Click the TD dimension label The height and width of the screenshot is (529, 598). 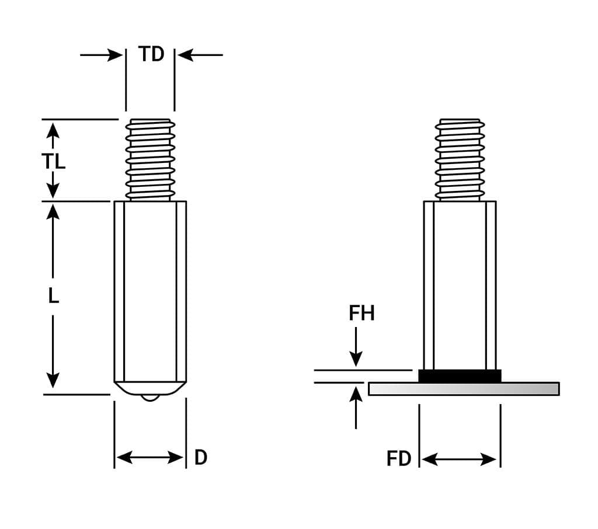151,54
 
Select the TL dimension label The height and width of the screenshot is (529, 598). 53,161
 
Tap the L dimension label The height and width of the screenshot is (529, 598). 53,297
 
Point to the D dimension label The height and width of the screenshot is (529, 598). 200,458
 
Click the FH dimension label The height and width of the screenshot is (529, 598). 361,314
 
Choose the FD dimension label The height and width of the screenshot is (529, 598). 399,459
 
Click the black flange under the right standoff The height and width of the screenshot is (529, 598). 460,376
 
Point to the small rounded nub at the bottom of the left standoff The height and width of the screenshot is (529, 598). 150,398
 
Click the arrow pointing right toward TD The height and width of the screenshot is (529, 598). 102,55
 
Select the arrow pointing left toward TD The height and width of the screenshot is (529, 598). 200,55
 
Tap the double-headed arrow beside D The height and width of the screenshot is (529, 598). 150,457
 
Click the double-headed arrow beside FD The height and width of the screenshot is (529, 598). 459,460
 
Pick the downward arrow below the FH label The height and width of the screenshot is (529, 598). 356,347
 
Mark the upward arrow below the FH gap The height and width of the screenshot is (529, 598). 356,406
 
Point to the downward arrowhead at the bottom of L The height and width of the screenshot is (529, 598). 53,380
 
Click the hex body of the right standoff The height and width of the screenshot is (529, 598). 460,285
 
